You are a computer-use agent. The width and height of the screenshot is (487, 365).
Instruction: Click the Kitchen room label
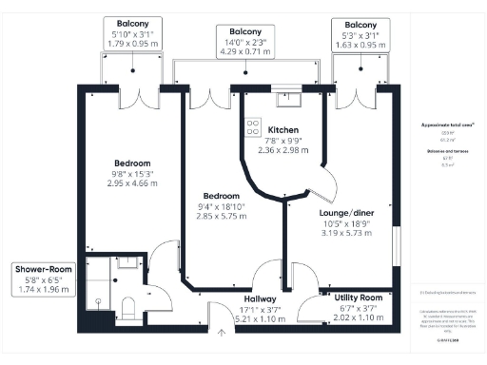coord(284,129)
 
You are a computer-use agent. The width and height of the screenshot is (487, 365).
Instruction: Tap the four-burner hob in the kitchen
coord(254,125)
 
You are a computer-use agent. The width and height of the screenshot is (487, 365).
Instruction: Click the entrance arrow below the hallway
coord(222,332)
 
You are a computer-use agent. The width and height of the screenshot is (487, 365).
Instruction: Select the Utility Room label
coord(359,298)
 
